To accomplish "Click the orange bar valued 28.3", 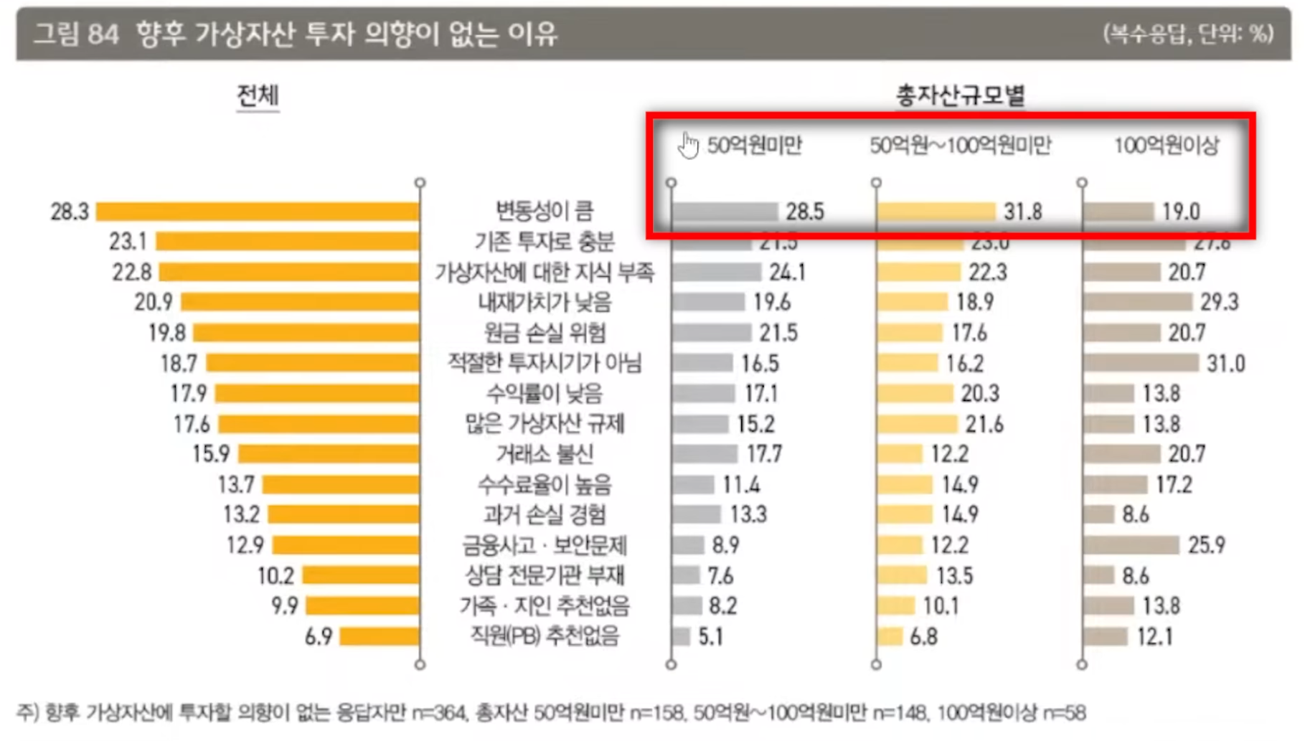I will coord(258,211).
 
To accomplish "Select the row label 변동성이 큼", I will coord(545,211).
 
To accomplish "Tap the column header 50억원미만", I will coord(754,146).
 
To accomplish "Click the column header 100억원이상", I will coord(1166,146).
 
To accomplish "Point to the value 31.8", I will coord(1022,212).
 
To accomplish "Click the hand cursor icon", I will coord(689,146).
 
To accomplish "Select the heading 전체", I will coord(258,96).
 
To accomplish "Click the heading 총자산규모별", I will coord(960,96).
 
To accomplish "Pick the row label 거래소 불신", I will coord(545,454).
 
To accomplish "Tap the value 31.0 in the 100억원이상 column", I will coord(1225,364).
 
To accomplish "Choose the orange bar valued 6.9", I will coord(380,636).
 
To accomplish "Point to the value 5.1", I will coord(711,637).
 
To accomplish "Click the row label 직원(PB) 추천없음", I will coord(545,636).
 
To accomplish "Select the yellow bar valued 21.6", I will coord(918,424).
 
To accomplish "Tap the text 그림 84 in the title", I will coord(76,34).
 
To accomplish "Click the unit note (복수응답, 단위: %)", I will coord(1188,34).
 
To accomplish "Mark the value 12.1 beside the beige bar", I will coord(1154,637).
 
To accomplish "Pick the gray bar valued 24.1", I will coord(717,272).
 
